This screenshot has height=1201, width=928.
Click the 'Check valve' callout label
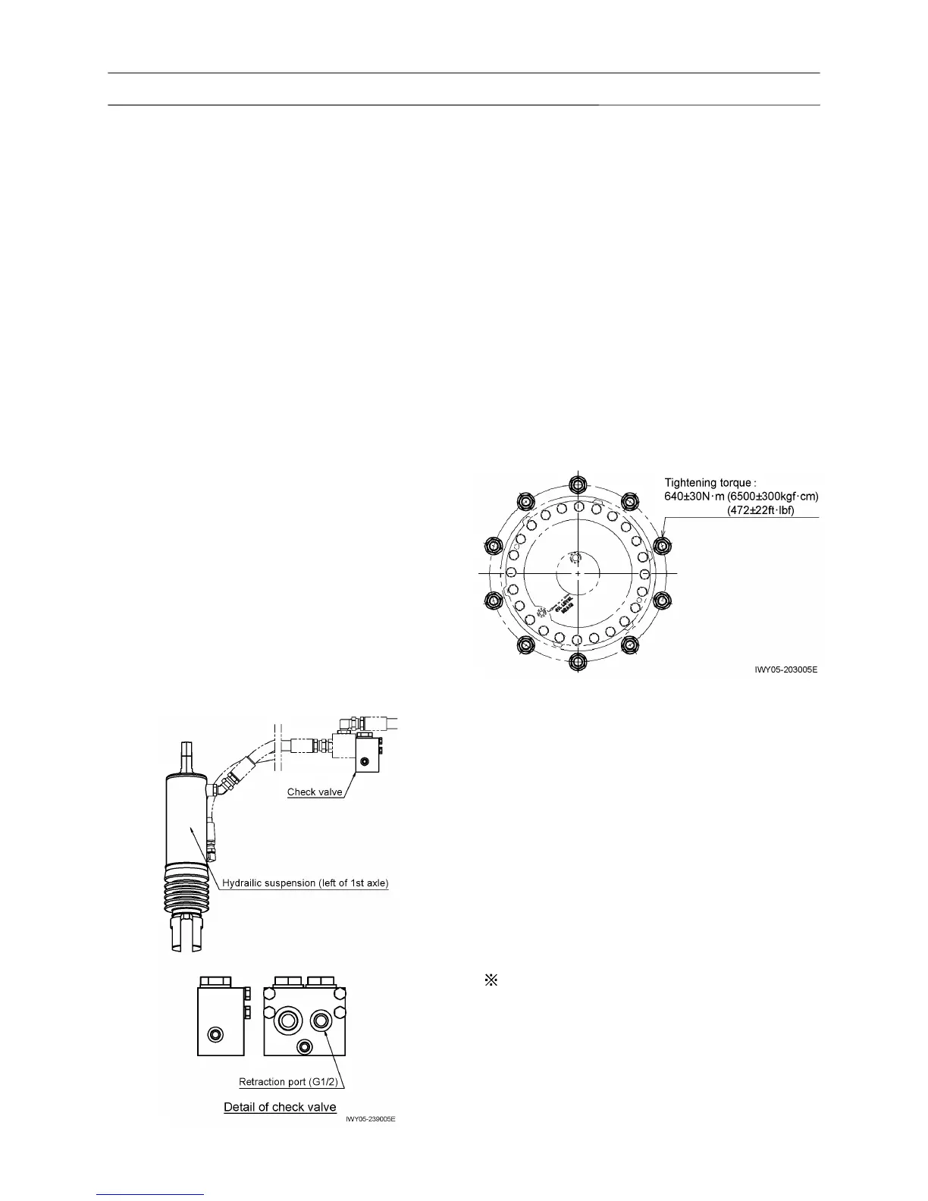tap(315, 792)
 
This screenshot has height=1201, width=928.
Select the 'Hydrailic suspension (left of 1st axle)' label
tap(305, 883)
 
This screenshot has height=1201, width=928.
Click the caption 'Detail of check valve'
tap(280, 1107)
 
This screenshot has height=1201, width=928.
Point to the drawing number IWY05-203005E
tap(786, 670)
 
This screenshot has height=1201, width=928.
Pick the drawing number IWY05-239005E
tap(371, 1119)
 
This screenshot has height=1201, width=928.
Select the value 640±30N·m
tap(695, 496)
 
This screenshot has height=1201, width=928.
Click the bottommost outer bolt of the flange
tap(577, 661)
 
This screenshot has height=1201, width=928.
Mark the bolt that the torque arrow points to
tap(663, 545)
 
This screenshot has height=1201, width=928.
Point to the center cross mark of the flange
tap(578, 574)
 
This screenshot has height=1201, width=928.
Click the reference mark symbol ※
tap(490, 980)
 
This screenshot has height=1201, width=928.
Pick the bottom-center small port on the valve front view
tap(305, 1046)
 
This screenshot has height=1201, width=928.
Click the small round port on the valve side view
tap(218, 1034)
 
